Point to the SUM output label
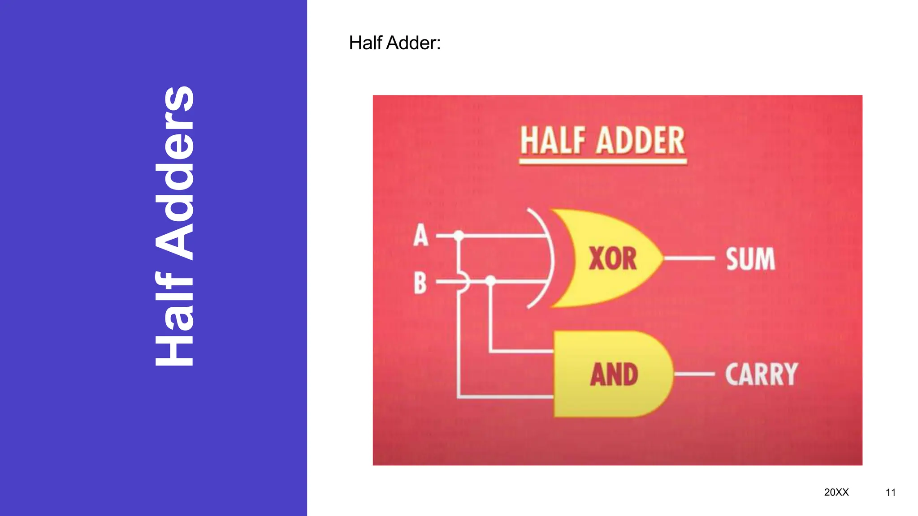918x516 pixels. point(750,259)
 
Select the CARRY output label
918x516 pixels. point(762,374)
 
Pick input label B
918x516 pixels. point(420,283)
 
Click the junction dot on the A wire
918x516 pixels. point(459,235)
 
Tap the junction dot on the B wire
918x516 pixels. point(491,281)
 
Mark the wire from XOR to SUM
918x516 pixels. point(689,258)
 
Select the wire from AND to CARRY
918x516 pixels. point(694,374)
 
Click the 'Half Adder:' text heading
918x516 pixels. point(394,43)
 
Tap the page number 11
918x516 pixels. point(890,493)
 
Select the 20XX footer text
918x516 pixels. point(836,492)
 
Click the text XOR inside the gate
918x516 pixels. point(612,259)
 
